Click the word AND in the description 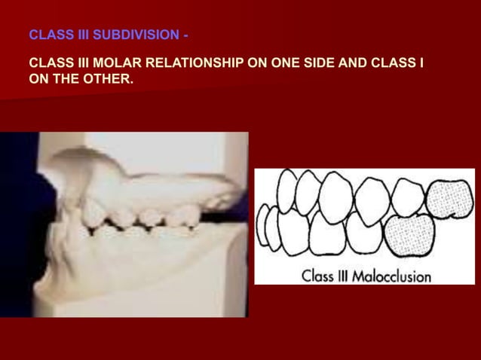[348, 64]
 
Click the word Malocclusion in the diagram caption [394, 276]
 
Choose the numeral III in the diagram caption [346, 276]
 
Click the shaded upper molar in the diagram [449, 197]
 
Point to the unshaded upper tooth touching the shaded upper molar [408, 196]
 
